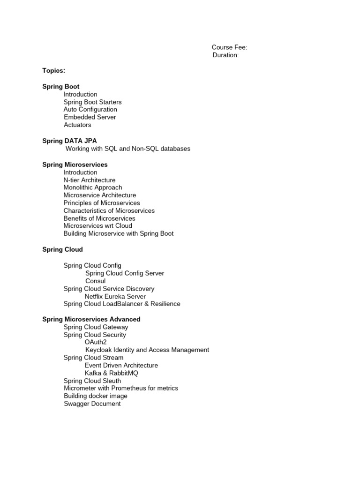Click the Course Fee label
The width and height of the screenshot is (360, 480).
[229, 47]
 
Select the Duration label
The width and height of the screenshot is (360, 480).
[225, 55]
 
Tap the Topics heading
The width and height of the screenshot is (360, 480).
[54, 70]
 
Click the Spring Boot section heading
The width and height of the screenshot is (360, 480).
[61, 87]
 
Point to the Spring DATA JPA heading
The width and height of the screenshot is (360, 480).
[70, 141]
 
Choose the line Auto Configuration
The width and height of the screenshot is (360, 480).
[90, 110]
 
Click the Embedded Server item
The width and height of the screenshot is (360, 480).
[90, 117]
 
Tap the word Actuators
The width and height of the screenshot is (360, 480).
[77, 125]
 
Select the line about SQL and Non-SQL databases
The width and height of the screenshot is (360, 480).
[128, 149]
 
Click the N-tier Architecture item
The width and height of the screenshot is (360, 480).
[90, 180]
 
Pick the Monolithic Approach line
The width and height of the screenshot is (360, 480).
[93, 187]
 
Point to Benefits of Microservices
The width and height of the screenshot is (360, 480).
[99, 218]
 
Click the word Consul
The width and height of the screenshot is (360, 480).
[96, 281]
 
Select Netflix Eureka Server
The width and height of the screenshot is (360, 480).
[115, 296]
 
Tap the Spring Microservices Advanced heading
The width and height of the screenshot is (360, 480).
[91, 319]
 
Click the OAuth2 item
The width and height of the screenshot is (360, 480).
[96, 342]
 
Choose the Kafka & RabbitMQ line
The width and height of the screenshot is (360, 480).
[112, 373]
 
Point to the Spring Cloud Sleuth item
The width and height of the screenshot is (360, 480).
[92, 381]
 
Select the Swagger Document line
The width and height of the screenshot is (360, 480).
[92, 404]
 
